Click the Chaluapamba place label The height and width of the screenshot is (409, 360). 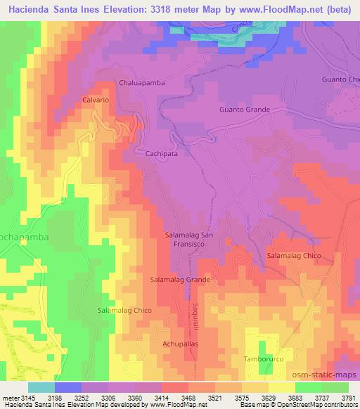tap(142, 82)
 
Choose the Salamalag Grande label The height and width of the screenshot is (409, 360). tap(180, 279)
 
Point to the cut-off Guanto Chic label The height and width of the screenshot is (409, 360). tap(340, 79)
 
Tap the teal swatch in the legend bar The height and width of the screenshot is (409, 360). tap(41, 387)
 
